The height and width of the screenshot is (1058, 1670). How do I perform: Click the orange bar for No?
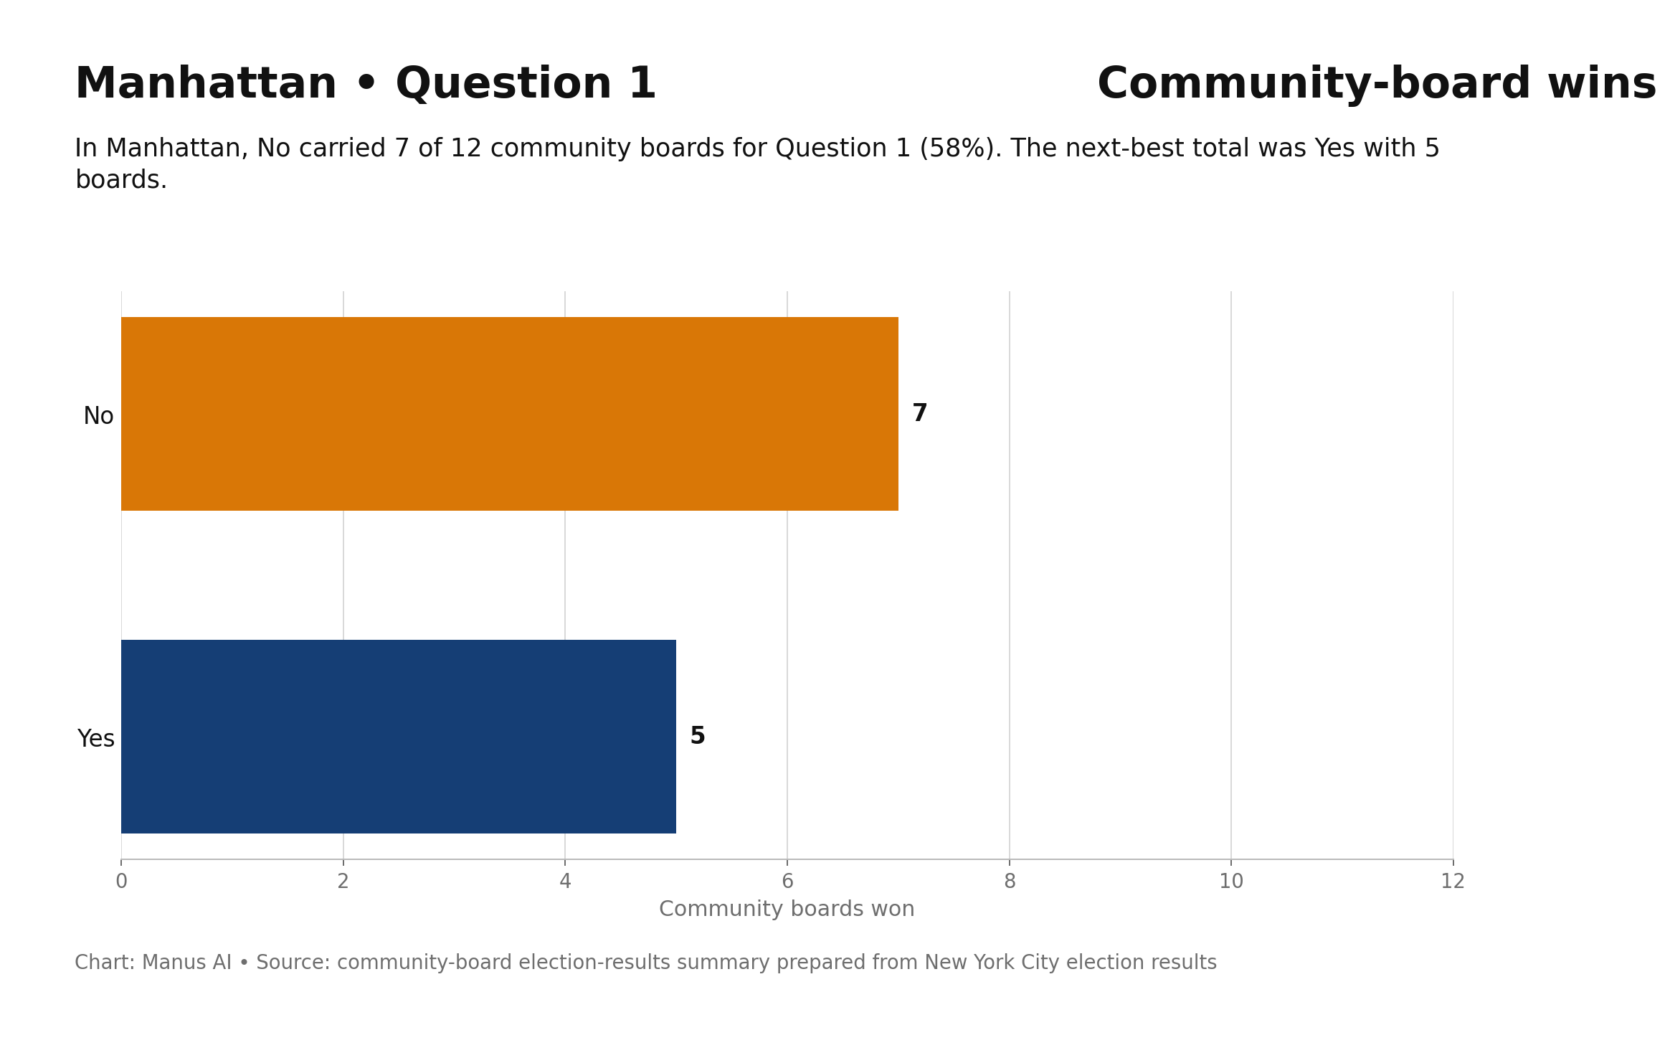pos(510,414)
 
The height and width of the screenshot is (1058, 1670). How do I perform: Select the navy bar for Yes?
pos(399,737)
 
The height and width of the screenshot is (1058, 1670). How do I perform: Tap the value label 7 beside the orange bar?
pos(919,414)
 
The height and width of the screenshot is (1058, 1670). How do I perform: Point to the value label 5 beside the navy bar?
pos(698,737)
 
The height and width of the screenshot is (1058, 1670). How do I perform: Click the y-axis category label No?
pos(98,416)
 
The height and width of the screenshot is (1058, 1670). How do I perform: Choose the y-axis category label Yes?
pos(96,739)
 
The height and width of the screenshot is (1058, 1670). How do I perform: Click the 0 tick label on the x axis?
pos(121,882)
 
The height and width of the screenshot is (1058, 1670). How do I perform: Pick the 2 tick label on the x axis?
pos(343,882)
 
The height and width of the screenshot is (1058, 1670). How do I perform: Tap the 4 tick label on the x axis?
pos(565,882)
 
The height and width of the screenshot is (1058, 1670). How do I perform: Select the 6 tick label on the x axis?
pos(787,882)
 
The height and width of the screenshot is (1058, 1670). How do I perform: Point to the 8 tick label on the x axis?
pos(1010,882)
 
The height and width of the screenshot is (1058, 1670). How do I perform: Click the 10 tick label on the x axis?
pos(1231,882)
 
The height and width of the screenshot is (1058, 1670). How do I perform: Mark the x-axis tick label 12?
pos(1453,882)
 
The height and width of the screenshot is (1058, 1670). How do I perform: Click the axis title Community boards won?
pos(787,909)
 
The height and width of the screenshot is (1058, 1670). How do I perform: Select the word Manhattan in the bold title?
pos(206,84)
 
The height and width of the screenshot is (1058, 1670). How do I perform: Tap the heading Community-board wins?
pos(1377,84)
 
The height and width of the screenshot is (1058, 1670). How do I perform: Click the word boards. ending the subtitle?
pos(121,180)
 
